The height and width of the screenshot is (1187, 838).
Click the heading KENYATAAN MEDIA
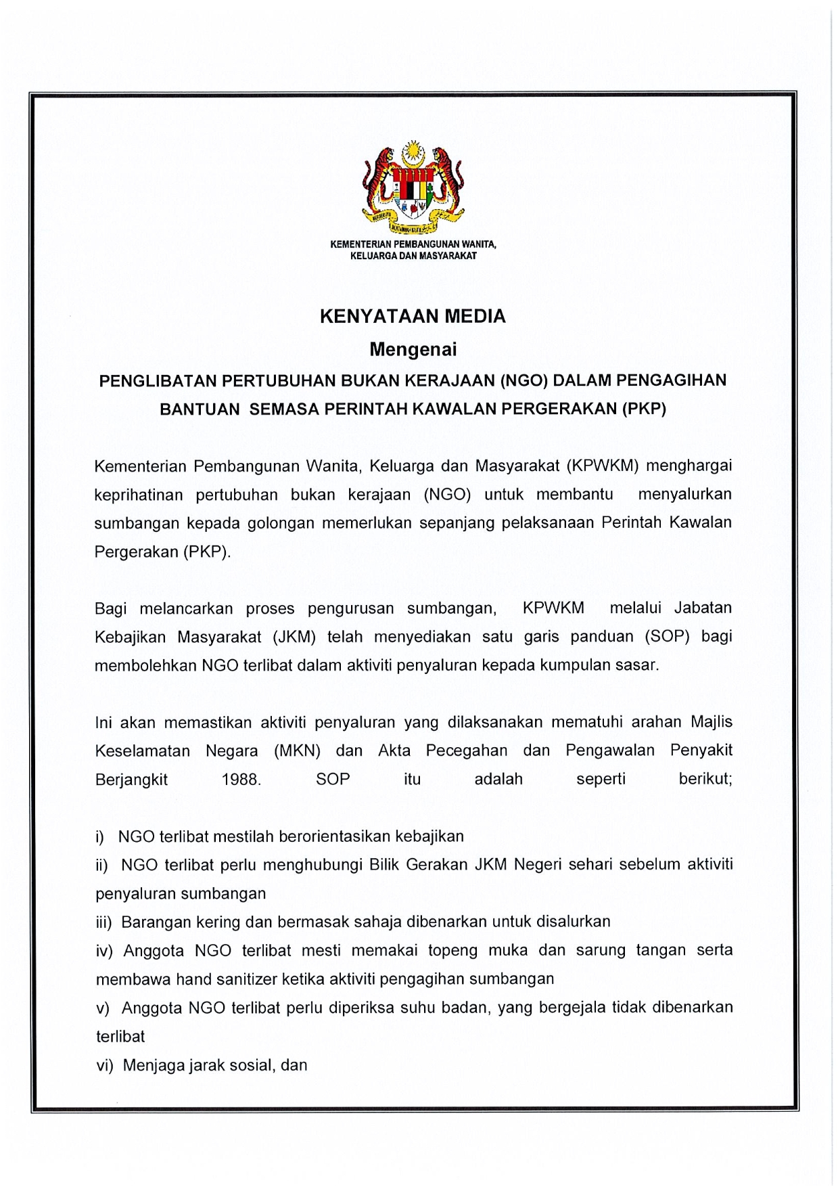pyautogui.click(x=413, y=317)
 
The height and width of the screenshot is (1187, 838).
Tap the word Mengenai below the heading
pyautogui.click(x=413, y=350)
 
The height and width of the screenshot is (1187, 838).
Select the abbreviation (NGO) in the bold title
pyautogui.click(x=523, y=380)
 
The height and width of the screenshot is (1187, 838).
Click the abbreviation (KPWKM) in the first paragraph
pyautogui.click(x=603, y=466)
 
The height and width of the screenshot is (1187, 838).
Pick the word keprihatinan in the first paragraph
pyautogui.click(x=139, y=495)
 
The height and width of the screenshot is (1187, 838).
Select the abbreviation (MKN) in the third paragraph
pyautogui.click(x=297, y=751)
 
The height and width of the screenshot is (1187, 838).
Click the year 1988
pyautogui.click(x=241, y=780)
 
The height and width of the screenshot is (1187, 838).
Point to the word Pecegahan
pyautogui.click(x=467, y=751)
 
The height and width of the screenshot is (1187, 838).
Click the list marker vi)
pyautogui.click(x=104, y=1066)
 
